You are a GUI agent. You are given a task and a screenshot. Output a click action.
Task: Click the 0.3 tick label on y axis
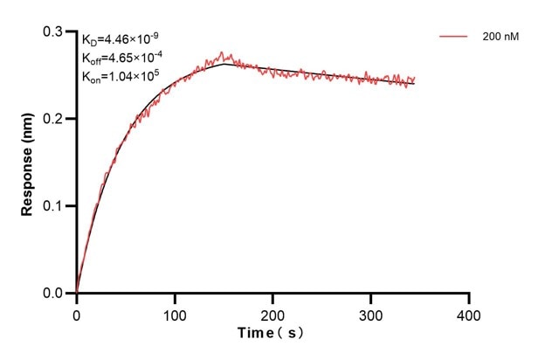click(x=54, y=31)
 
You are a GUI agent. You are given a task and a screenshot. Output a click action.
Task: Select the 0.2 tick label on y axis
click(x=54, y=119)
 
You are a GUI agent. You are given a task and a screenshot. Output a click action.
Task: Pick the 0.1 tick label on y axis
click(x=54, y=206)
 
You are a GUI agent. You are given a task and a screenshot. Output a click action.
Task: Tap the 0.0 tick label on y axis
click(x=54, y=294)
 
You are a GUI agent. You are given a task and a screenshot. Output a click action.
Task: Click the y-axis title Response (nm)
click(x=28, y=162)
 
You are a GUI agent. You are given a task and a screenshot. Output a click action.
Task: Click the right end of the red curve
click(x=414, y=80)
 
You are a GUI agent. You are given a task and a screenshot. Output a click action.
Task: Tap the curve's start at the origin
click(x=77, y=293)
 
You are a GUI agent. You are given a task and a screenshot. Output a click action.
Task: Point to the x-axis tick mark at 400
click(x=469, y=298)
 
